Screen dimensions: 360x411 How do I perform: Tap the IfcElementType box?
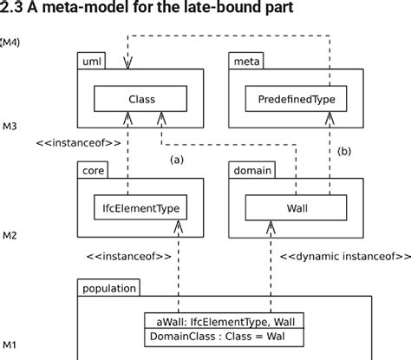(x=140, y=207)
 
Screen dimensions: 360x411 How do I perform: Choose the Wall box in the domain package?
(x=297, y=207)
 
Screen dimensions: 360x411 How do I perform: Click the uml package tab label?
(x=92, y=62)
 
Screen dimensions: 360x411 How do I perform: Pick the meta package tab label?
(x=246, y=62)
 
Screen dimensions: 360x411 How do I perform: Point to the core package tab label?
(x=95, y=170)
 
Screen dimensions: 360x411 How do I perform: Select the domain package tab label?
(x=252, y=170)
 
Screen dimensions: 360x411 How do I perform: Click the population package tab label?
(x=109, y=287)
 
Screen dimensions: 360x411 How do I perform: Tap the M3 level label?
(x=10, y=127)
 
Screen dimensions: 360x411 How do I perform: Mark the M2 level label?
(x=10, y=235)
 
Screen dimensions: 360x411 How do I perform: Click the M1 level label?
(x=10, y=345)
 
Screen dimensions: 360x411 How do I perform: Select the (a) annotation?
(x=176, y=160)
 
